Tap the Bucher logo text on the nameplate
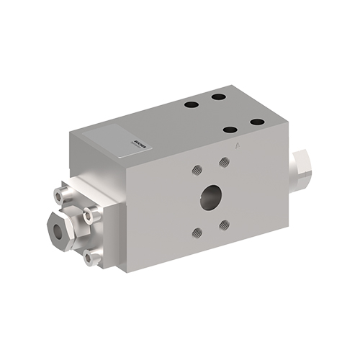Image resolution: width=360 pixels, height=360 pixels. click(x=120, y=133)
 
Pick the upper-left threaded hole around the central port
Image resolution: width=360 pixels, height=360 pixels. click(x=196, y=171)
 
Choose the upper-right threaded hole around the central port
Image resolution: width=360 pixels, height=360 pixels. click(x=225, y=162)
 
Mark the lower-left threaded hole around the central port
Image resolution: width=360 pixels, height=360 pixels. click(x=197, y=232)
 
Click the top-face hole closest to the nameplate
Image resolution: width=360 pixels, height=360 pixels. click(x=190, y=105)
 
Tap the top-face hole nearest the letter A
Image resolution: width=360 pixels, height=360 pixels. click(x=231, y=130)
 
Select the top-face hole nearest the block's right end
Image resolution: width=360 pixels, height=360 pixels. click(x=256, y=122)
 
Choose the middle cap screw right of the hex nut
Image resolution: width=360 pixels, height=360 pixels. click(x=91, y=214)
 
